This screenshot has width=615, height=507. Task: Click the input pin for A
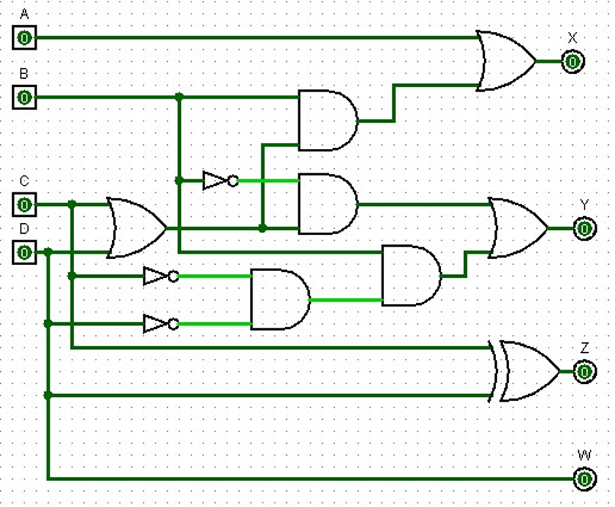(x=24, y=37)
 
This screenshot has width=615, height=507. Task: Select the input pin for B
(x=24, y=98)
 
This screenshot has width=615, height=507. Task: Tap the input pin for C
(x=24, y=205)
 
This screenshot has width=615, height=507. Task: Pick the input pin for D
(x=24, y=251)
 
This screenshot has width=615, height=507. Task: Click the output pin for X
(x=572, y=61)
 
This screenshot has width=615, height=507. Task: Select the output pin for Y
(x=584, y=228)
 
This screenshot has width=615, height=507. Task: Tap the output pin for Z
(x=584, y=372)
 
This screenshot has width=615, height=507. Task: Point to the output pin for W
(x=584, y=480)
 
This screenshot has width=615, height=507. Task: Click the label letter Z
(x=584, y=348)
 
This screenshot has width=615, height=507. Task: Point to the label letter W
(x=584, y=456)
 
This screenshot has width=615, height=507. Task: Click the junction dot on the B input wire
(x=179, y=98)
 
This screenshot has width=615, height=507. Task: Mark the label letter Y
(x=584, y=205)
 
